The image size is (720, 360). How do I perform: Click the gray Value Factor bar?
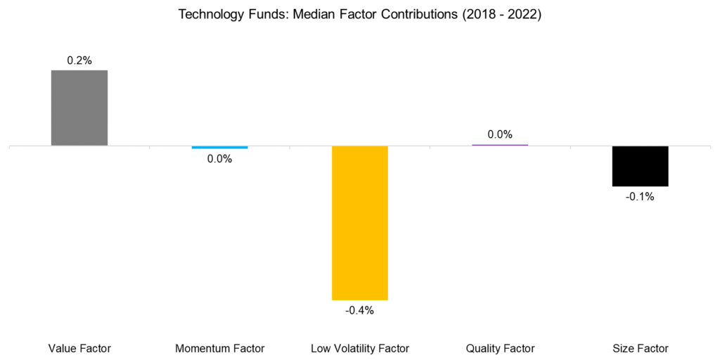(79, 108)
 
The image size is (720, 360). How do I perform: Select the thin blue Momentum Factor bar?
(219, 147)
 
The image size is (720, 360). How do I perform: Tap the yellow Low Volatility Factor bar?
(360, 223)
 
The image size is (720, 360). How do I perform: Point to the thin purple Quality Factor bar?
(500, 145)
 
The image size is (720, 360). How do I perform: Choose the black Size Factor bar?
(640, 166)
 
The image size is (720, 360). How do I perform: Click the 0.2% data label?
(79, 61)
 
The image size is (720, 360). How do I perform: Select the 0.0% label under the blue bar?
(219, 159)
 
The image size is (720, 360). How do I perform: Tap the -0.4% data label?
(360, 310)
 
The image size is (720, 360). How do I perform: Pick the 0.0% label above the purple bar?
(500, 134)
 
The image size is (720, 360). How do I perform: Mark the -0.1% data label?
(640, 197)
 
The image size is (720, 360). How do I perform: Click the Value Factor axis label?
(79, 348)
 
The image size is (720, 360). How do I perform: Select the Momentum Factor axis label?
(219, 348)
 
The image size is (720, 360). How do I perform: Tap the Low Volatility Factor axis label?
(360, 348)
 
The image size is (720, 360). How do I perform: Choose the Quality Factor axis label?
(500, 348)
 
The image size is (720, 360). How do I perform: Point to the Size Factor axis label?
(640, 348)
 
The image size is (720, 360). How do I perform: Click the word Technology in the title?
(207, 14)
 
